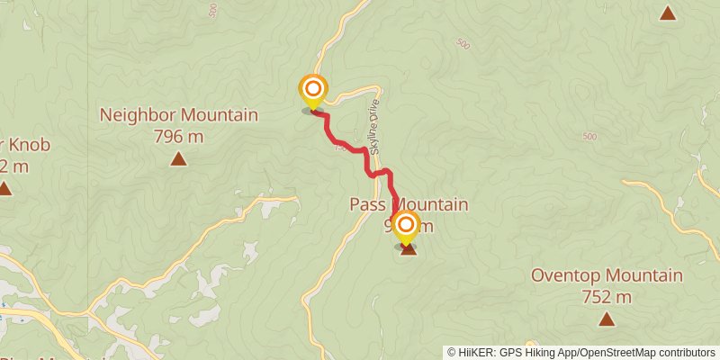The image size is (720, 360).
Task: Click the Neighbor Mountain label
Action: [178, 115]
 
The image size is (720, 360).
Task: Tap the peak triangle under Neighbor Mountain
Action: [178, 160]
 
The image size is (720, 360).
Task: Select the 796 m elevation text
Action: [178, 137]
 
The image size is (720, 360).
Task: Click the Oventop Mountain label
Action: [607, 275]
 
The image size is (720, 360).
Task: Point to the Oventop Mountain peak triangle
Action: [607, 319]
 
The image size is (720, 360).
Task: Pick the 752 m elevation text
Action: [607, 297]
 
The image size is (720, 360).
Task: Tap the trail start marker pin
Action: [313, 90]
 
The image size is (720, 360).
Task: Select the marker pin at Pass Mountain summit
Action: [406, 226]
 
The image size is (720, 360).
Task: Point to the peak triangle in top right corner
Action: [667, 13]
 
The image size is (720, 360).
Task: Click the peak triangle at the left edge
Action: [4, 188]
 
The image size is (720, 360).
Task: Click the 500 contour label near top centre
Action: [463, 43]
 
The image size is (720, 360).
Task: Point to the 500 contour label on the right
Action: [589, 137]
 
